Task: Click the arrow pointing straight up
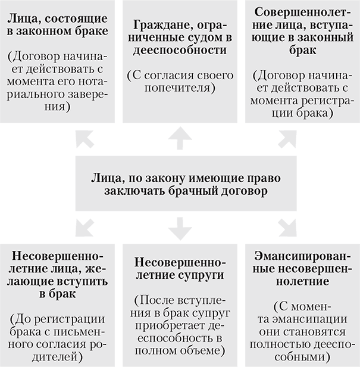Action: (x=180, y=138)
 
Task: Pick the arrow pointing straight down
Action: (x=180, y=228)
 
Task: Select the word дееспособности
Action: (x=180, y=51)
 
